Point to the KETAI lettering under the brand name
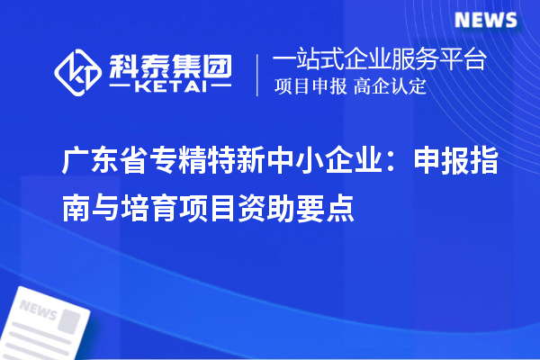pos(170,87)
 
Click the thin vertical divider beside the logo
pos(259,75)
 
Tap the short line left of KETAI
pos(121,87)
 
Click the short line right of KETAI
pos(222,87)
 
